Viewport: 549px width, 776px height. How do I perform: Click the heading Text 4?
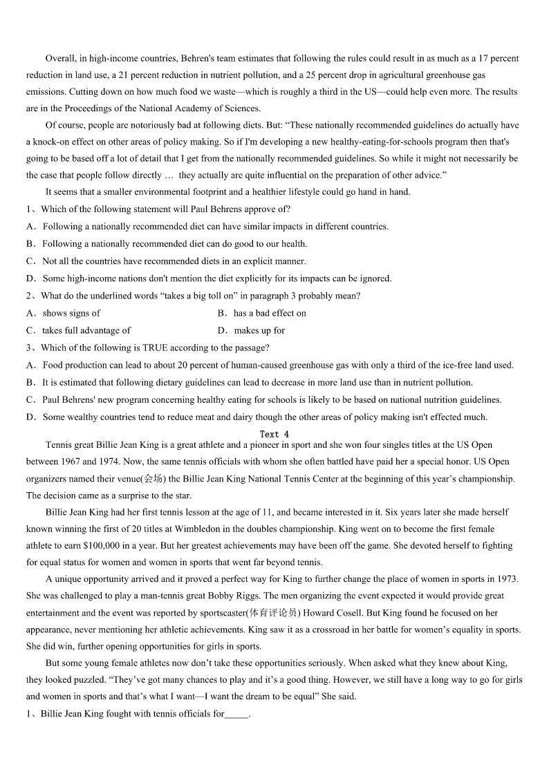(x=274, y=434)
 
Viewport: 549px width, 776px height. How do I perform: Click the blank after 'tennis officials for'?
(x=236, y=714)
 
